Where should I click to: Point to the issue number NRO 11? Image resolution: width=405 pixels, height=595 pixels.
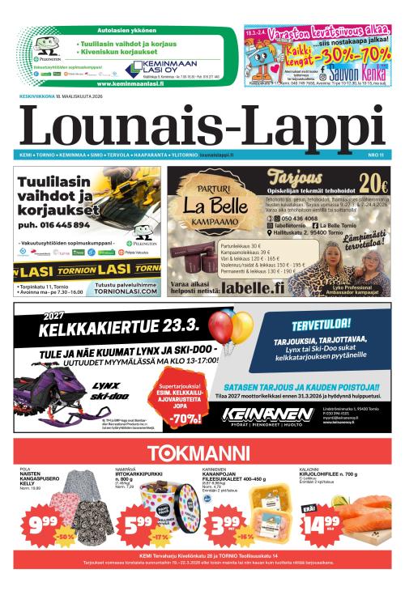point(375,154)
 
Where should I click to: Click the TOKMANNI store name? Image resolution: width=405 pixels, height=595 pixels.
point(202,453)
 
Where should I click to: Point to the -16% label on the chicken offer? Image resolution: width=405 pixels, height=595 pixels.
point(245,536)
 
